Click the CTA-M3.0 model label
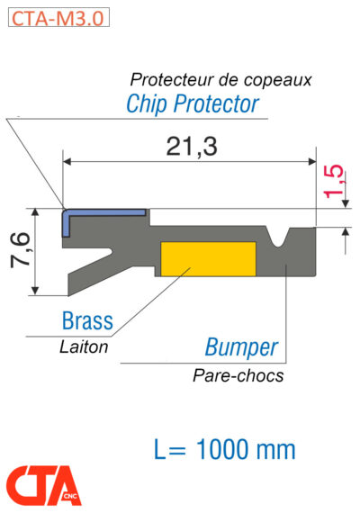(56, 16)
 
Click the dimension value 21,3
(192, 145)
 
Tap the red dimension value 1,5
(334, 183)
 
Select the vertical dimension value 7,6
(19, 252)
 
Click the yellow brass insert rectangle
(207, 258)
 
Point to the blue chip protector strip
(104, 212)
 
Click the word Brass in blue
(87, 320)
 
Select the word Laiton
(84, 346)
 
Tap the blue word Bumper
(241, 347)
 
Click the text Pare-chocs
(238, 375)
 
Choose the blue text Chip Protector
(192, 103)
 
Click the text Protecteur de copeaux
(221, 79)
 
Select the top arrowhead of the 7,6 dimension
(36, 212)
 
